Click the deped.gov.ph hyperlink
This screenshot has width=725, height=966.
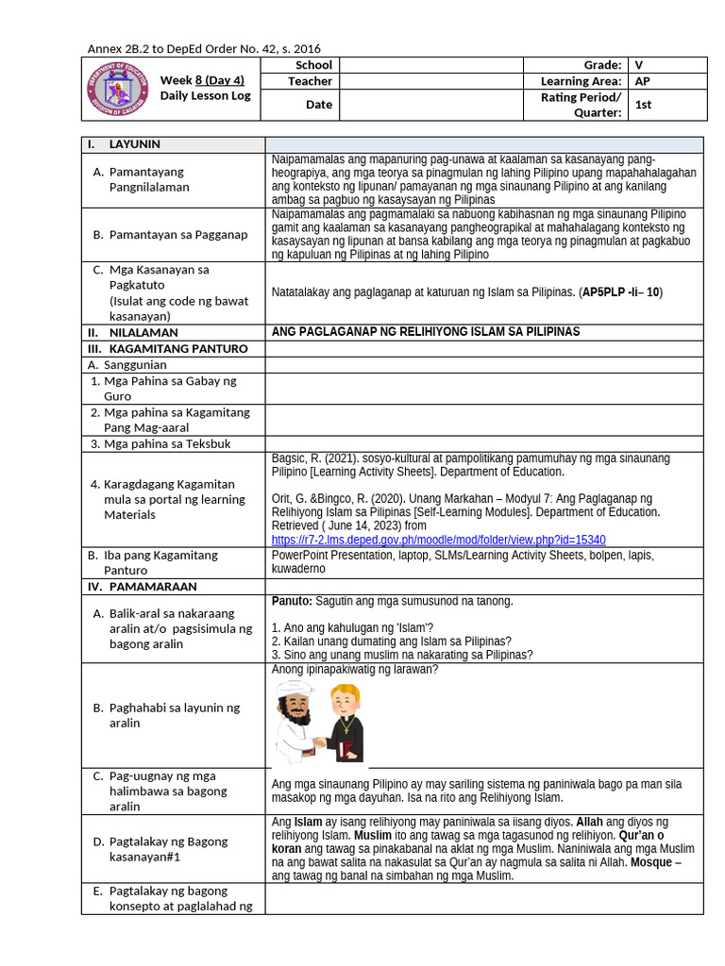(438, 540)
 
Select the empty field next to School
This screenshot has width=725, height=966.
(430, 65)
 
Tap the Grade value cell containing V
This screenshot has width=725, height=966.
(668, 65)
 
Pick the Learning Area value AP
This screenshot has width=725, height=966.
(668, 81)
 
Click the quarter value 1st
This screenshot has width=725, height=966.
(668, 105)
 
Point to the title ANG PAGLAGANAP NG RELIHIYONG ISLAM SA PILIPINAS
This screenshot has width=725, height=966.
(425, 332)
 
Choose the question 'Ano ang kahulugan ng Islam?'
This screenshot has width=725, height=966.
(352, 627)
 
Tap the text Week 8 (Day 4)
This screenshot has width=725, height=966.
(202, 80)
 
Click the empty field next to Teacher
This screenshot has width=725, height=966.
(430, 81)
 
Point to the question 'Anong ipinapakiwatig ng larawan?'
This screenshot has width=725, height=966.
(355, 670)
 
